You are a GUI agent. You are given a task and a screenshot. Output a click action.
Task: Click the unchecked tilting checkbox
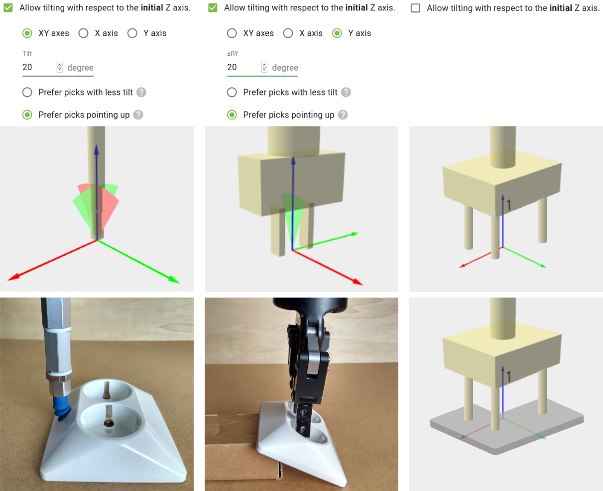(x=416, y=8)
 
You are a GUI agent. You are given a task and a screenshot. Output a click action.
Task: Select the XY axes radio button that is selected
(x=27, y=33)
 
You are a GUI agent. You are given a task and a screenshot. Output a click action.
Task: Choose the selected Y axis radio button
(x=337, y=33)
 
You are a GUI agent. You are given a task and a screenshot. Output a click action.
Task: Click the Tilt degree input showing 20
(x=37, y=67)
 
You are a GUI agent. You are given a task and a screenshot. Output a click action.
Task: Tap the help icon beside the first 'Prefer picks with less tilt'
(x=141, y=93)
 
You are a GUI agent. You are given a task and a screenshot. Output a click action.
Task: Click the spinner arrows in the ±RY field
(x=264, y=67)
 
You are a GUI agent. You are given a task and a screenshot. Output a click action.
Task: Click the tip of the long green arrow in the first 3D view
(x=177, y=282)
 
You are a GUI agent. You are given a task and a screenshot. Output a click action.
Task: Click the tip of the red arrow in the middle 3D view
(x=361, y=283)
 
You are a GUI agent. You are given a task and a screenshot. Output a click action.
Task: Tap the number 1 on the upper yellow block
(x=509, y=204)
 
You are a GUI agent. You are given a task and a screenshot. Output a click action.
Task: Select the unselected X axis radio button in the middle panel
(x=288, y=33)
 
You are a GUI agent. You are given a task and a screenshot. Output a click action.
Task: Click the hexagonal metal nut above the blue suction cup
(x=58, y=383)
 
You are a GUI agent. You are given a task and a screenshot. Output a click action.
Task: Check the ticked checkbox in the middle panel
(x=213, y=8)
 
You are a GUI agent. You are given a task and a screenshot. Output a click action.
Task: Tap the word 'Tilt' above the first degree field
(x=27, y=53)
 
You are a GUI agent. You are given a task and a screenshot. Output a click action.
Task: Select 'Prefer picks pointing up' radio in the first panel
(x=27, y=115)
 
